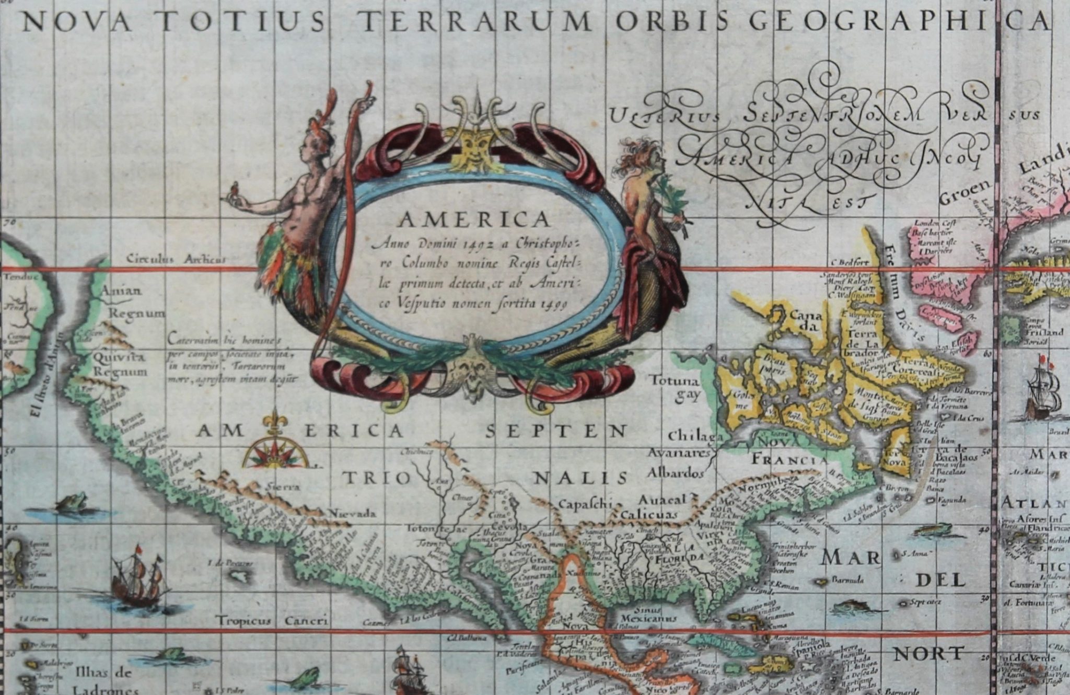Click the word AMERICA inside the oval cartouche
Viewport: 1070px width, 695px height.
tap(474, 220)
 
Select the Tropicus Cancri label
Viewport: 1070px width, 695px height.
tap(272, 621)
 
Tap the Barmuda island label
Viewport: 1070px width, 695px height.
tap(848, 580)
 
